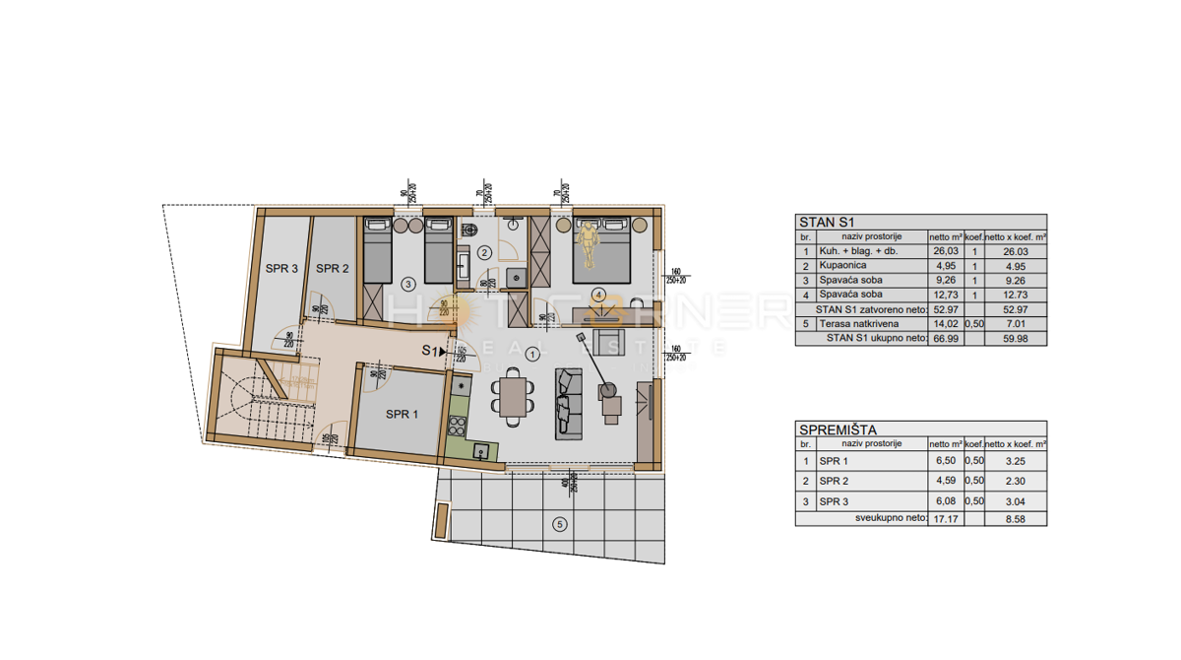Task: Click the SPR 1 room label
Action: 402,415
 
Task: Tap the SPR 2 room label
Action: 333,268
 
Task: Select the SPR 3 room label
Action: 281,268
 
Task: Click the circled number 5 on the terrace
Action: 559,524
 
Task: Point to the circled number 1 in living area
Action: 532,353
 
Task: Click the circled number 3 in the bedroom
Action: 408,285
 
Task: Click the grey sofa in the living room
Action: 568,402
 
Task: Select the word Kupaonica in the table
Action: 842,266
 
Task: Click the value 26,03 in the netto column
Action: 943,252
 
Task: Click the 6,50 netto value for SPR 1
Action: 943,461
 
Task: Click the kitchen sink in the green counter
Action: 480,449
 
